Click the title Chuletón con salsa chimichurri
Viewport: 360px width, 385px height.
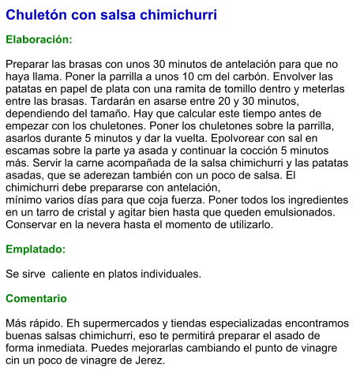click(x=111, y=15)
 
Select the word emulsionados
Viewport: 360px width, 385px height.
click(x=299, y=211)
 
